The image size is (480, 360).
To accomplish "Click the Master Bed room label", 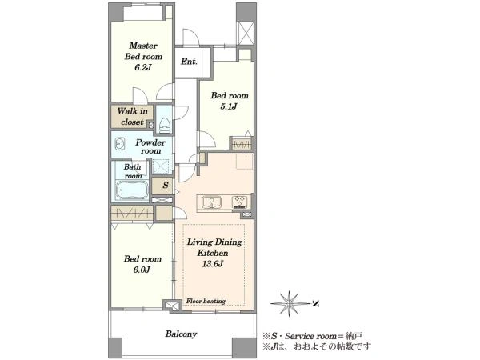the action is [x=143, y=51].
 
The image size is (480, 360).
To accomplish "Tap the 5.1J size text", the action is [x=229, y=106].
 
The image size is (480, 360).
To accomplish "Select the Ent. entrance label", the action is [x=189, y=62].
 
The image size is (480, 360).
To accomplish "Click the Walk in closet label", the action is [x=132, y=117].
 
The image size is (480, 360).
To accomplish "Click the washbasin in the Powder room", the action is [x=120, y=144].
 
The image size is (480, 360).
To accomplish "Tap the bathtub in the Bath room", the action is [x=132, y=190].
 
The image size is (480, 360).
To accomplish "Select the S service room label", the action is [x=166, y=186].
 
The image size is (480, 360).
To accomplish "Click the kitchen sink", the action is [x=211, y=202].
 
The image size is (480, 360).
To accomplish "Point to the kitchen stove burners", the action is [x=241, y=202].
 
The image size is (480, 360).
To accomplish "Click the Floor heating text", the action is [x=206, y=302].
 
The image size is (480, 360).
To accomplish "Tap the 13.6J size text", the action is [x=213, y=263].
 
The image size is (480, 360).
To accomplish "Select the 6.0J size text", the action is [x=142, y=270].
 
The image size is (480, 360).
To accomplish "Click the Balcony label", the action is [x=181, y=334].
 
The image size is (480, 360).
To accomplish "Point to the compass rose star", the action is [x=290, y=304].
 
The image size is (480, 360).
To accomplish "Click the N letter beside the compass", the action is [x=316, y=304].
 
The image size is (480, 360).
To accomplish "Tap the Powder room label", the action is [x=150, y=146].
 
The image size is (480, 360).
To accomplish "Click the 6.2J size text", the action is [x=143, y=68].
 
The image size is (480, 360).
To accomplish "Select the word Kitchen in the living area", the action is [x=213, y=253].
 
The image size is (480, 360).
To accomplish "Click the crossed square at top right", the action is [x=246, y=33].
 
